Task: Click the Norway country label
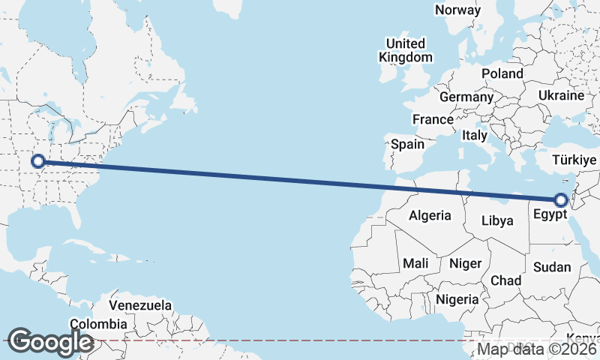(x=457, y=10)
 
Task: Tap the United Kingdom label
(x=406, y=50)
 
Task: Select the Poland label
(x=502, y=73)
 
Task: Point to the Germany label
(x=466, y=97)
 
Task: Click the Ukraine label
(x=561, y=96)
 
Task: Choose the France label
(x=433, y=119)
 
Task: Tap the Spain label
(x=407, y=144)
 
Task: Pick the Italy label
(x=475, y=136)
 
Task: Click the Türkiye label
(x=574, y=160)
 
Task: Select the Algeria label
(x=430, y=216)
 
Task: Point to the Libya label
(x=497, y=220)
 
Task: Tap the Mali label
(x=415, y=264)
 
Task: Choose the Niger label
(x=464, y=264)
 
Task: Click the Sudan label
(x=552, y=267)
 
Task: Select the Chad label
(x=505, y=280)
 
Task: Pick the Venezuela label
(x=140, y=306)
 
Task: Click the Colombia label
(x=98, y=324)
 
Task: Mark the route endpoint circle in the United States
(x=37, y=160)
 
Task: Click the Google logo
(x=50, y=341)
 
